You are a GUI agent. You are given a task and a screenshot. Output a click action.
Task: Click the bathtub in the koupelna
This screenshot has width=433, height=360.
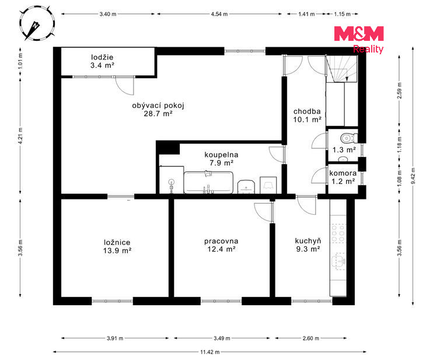(208, 183)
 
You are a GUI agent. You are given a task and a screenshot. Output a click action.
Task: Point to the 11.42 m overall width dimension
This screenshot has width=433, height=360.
(209, 352)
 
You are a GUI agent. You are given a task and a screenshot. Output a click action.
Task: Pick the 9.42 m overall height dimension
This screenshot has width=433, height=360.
(413, 176)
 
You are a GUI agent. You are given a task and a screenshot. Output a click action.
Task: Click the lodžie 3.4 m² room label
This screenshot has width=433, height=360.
(103, 61)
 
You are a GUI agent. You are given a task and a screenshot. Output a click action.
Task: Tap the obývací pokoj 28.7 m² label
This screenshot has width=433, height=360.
(158, 109)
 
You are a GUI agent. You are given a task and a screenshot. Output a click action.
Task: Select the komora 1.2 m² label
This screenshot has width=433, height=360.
(343, 177)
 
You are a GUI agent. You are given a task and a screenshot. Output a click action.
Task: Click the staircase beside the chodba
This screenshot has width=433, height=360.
(342, 69)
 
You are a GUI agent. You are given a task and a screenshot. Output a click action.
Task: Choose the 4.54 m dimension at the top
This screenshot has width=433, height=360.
(219, 14)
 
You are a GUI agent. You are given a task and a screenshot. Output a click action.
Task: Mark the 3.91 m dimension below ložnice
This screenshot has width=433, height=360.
(115, 338)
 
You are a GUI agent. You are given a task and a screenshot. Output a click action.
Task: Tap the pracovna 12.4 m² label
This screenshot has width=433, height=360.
(221, 245)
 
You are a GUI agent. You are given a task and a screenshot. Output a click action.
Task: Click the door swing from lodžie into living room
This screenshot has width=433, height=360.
(124, 85)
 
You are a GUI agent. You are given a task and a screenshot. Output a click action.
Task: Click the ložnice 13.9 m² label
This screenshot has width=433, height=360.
(117, 247)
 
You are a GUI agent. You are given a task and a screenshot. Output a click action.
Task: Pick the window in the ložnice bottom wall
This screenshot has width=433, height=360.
(113, 301)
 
